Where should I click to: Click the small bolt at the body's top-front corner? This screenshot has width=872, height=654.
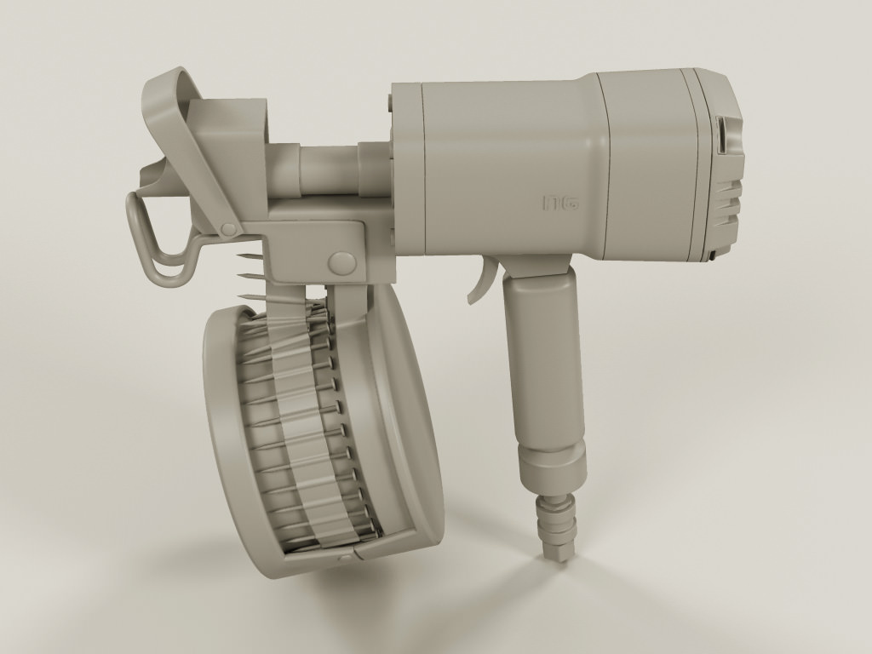[390, 103]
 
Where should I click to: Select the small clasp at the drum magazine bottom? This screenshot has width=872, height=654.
[344, 558]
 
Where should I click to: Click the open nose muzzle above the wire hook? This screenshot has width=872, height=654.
[153, 175]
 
